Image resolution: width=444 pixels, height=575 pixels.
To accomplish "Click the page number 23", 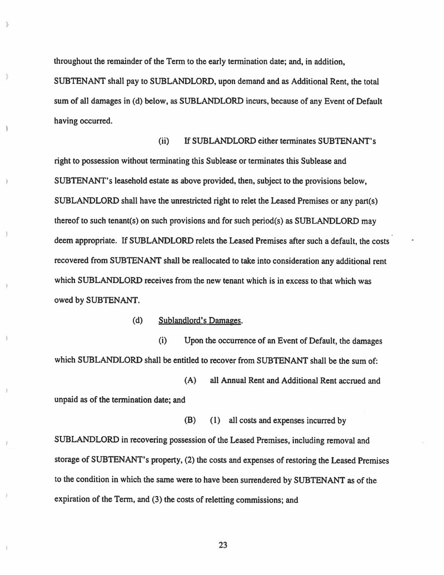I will (x=223, y=545).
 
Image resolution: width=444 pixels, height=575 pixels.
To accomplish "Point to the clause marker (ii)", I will (x=164, y=142).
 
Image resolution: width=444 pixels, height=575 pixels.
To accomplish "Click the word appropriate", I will (x=97, y=241).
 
